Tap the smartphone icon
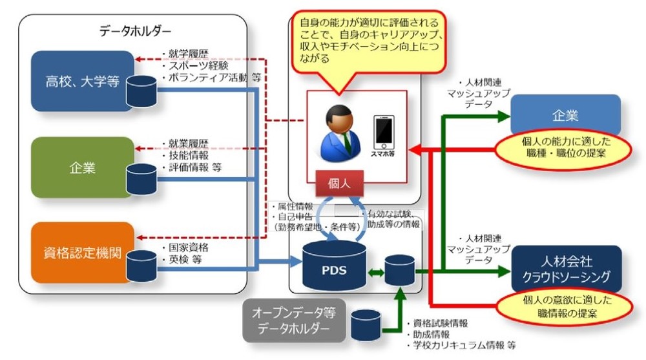click(384, 134)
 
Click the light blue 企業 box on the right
click(565, 115)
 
